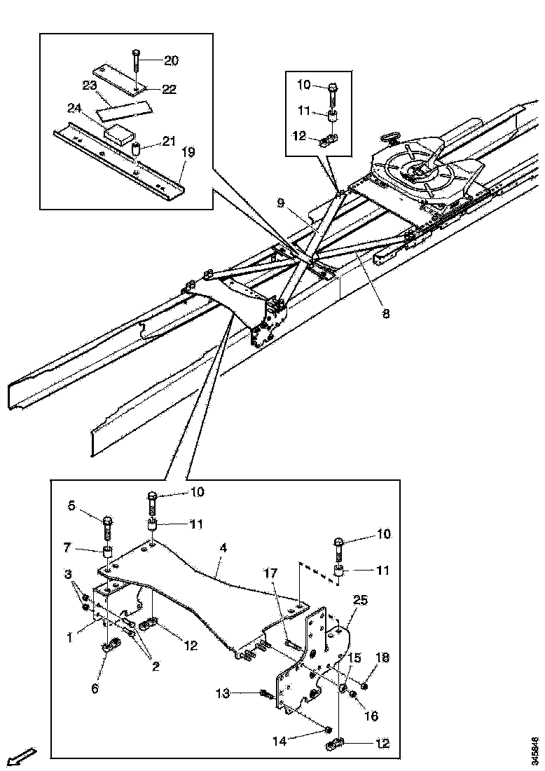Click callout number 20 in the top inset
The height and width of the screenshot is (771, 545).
tap(172, 60)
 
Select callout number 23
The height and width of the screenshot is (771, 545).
tap(89, 86)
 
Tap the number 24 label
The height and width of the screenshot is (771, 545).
tap(75, 108)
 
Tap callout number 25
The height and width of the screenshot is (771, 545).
tap(360, 601)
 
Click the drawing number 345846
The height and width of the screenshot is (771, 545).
tap(535, 749)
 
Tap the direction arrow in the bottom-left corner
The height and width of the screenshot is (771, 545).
tap(22, 756)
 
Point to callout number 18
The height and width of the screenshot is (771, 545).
tap(382, 657)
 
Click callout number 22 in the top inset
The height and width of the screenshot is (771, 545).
tap(169, 89)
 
